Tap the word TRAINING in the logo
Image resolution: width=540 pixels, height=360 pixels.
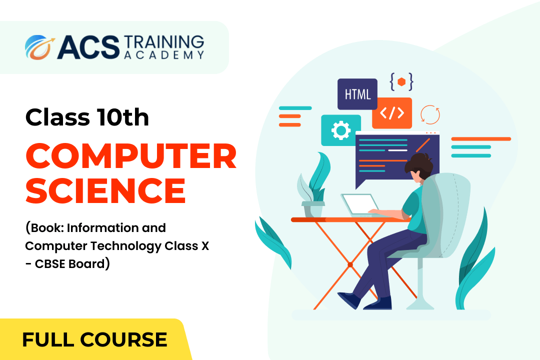pyautogui.click(x=164, y=42)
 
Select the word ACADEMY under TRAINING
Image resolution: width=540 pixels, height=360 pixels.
pyautogui.click(x=164, y=55)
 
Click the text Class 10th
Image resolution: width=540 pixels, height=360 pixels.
pyautogui.click(x=87, y=117)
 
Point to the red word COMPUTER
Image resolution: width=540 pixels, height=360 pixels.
pyautogui.click(x=131, y=156)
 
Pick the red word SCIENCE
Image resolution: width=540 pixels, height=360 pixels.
pyautogui.click(x=105, y=190)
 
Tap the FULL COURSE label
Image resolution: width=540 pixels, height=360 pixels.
pyautogui.click(x=94, y=339)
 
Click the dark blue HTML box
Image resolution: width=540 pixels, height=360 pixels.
pyautogui.click(x=357, y=93)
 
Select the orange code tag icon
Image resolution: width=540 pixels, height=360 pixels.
pyautogui.click(x=392, y=113)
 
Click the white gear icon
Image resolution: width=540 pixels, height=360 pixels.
pyautogui.click(x=341, y=130)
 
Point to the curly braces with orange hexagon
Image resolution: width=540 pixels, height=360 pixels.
pyautogui.click(x=401, y=82)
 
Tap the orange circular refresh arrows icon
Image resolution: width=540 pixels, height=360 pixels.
pyautogui.click(x=430, y=114)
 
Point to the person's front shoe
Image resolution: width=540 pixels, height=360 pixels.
pyautogui.click(x=349, y=300)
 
